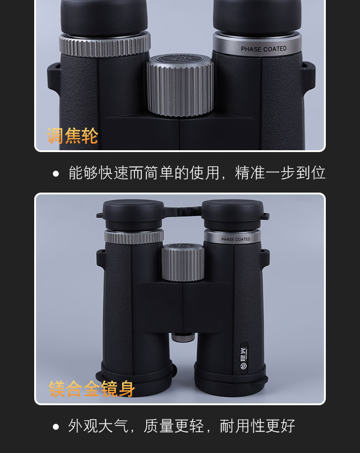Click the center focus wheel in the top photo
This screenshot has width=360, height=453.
coord(180,87)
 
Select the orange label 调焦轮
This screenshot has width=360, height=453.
coord(73,136)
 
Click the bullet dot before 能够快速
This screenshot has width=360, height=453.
coord(56,173)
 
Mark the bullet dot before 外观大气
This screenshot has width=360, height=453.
coord(56,427)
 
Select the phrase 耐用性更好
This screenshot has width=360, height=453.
coord(257,426)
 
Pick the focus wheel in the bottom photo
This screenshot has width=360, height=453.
coord(183,263)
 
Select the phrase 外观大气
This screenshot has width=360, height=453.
coord(98,426)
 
